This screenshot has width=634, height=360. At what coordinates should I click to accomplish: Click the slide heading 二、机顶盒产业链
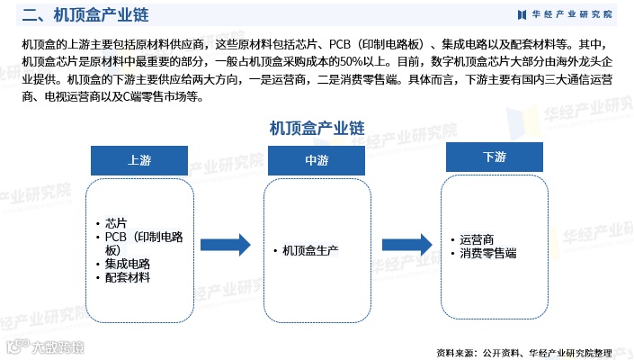[x=85, y=16]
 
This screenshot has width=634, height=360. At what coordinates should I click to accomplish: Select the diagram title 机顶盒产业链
[x=316, y=127]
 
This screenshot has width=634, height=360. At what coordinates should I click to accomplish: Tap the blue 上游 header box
[x=139, y=159]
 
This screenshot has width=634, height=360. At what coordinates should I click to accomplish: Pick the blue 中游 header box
[x=316, y=159]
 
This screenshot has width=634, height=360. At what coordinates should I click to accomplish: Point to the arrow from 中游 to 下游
[x=409, y=245]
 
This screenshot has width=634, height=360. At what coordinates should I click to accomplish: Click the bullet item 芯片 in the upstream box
[x=116, y=222]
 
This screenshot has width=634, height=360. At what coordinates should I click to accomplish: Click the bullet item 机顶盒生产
[x=309, y=249]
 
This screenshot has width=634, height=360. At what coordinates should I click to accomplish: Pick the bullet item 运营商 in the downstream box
[x=477, y=240]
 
